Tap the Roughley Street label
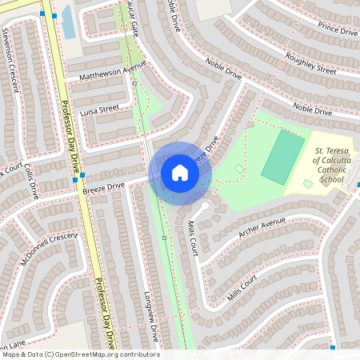pyautogui.click(x=310, y=64)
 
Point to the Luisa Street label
pyautogui.click(x=99, y=108)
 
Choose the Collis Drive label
pyautogui.click(x=31, y=180)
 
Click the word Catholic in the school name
pyautogui.click(x=329, y=169)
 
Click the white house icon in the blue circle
pyautogui.click(x=180, y=173)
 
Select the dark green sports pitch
pyautogui.click(x=283, y=157)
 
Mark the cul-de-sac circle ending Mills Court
pyautogui.click(x=205, y=206)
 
